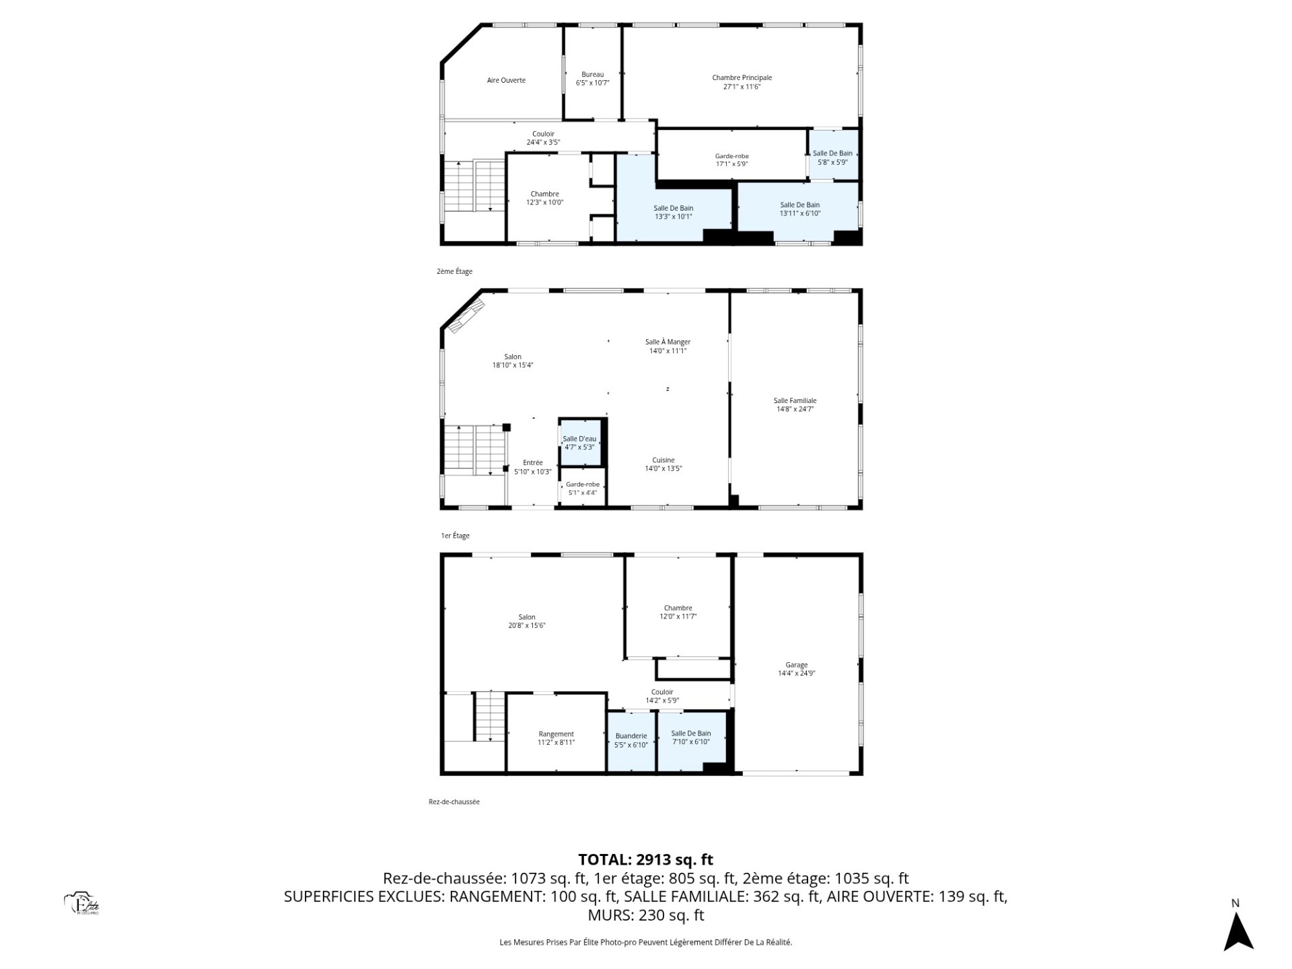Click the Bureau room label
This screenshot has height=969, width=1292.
tap(592, 79)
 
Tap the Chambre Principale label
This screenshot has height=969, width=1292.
tap(742, 82)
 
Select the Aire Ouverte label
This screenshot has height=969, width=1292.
tap(506, 80)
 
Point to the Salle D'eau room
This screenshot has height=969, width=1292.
tap(579, 443)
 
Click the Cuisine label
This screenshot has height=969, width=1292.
tap(663, 464)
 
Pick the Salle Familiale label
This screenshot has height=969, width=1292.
tap(795, 404)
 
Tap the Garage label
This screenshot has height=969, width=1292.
tap(797, 669)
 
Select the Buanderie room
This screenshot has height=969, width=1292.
tap(631, 740)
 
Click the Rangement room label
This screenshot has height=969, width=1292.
tap(556, 738)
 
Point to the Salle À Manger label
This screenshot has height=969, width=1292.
tap(668, 346)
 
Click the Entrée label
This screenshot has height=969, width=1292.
tap(532, 467)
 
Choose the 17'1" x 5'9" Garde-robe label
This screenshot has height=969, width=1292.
tap(731, 159)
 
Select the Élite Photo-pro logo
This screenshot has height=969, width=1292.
tap(81, 904)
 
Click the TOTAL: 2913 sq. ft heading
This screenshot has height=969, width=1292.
tap(645, 859)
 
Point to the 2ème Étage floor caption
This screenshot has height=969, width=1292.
tap(454, 272)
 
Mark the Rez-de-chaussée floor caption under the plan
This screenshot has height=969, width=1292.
tap(454, 802)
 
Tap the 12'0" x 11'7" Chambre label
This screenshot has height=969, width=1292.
tap(678, 612)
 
